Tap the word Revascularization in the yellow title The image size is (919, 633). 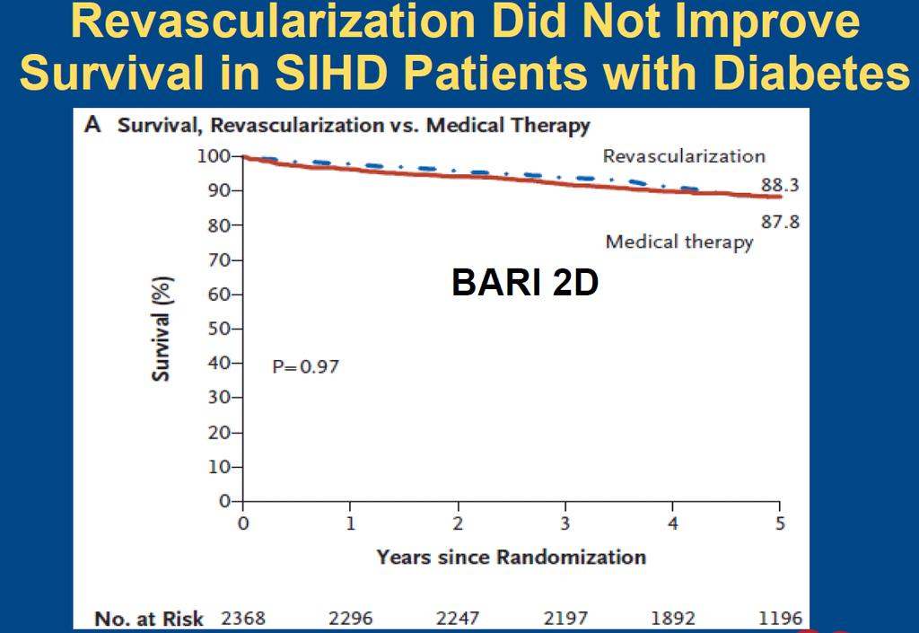pyautogui.click(x=273, y=22)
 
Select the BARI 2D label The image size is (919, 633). pyautogui.click(x=525, y=283)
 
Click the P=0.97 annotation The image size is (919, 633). pyautogui.click(x=305, y=367)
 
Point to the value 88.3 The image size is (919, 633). pyautogui.click(x=780, y=185)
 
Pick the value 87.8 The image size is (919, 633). pyautogui.click(x=780, y=222)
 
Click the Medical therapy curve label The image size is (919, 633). pyautogui.click(x=679, y=242)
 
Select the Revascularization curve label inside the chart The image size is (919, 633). pyautogui.click(x=684, y=156)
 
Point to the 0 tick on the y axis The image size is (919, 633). pyautogui.click(x=224, y=502)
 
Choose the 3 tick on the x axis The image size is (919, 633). pyautogui.click(x=565, y=523)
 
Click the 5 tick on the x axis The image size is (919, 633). pyautogui.click(x=780, y=523)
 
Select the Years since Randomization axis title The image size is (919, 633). pyautogui.click(x=511, y=557)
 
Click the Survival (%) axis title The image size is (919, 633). pyautogui.click(x=161, y=329)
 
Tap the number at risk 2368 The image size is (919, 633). pyautogui.click(x=243, y=619)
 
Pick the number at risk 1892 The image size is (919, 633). pyautogui.click(x=673, y=619)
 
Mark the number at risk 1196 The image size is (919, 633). pyautogui.click(x=780, y=619)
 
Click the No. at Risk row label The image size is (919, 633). pyautogui.click(x=149, y=619)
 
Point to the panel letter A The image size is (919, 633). pyautogui.click(x=92, y=125)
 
